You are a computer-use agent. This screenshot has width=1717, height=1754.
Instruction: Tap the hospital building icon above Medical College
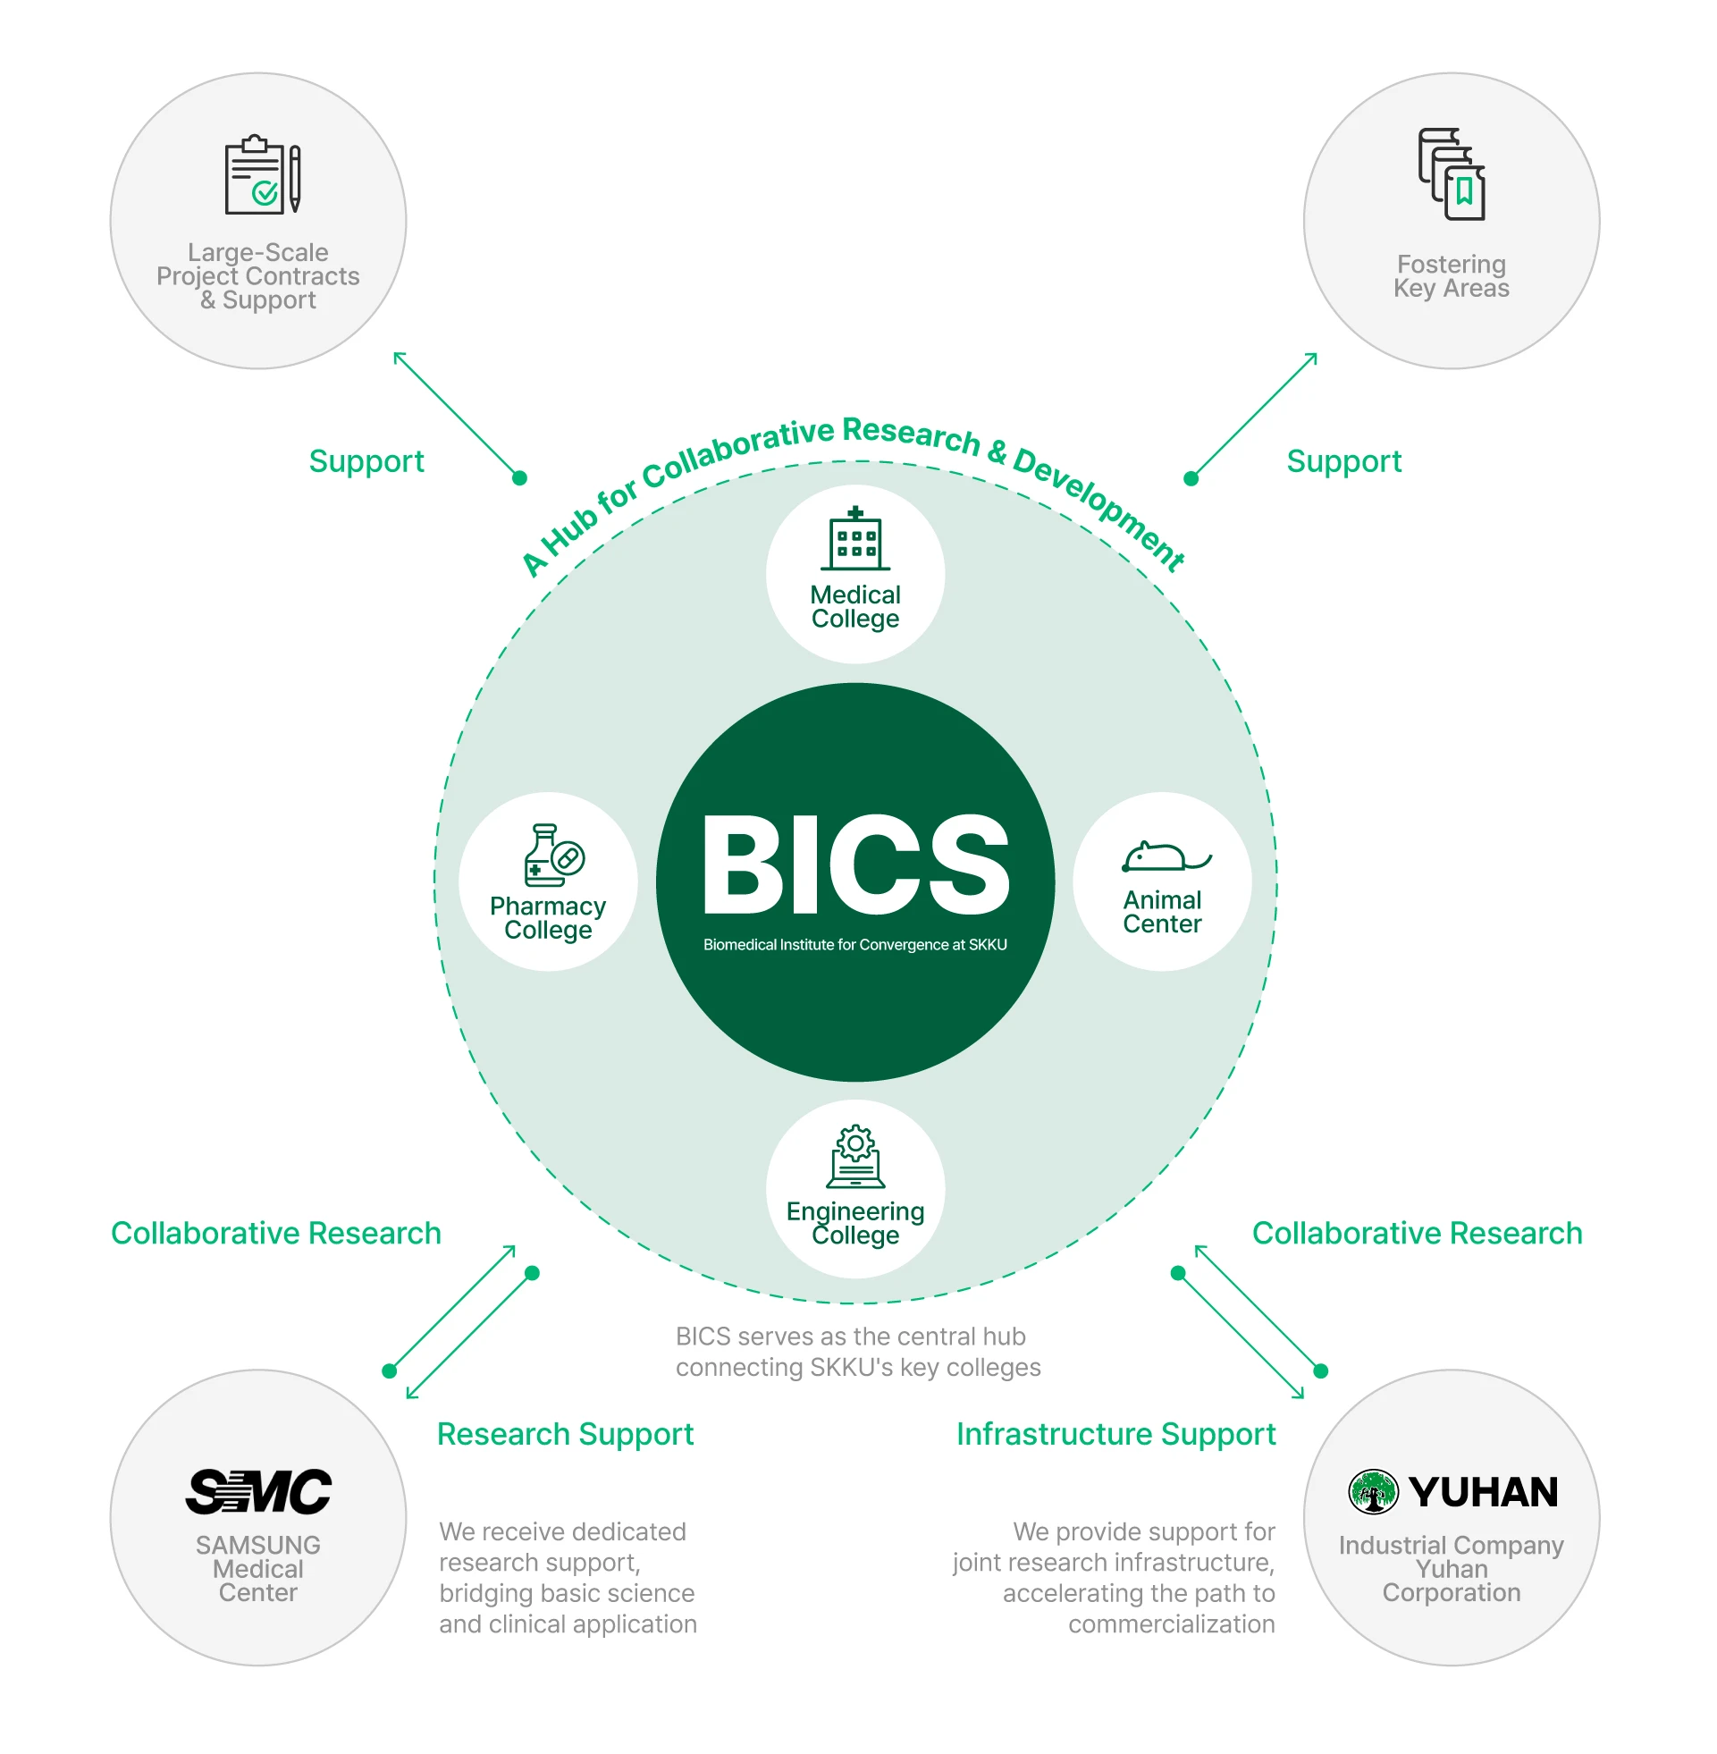click(854, 539)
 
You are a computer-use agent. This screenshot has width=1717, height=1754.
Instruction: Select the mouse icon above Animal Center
click(1164, 856)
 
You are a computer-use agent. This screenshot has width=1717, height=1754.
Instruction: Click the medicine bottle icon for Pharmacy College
click(551, 854)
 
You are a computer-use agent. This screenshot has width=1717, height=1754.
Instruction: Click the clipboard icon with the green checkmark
click(262, 175)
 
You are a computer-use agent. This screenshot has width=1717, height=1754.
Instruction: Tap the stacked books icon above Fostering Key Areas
click(1451, 174)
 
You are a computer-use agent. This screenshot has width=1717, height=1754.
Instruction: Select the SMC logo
click(258, 1491)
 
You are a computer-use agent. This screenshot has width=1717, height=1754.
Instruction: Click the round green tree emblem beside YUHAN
click(1373, 1491)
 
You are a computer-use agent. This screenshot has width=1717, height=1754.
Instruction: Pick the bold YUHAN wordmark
click(1484, 1492)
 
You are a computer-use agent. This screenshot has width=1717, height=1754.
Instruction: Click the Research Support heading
click(565, 1434)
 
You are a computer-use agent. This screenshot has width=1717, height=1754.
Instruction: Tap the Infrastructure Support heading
click(1115, 1434)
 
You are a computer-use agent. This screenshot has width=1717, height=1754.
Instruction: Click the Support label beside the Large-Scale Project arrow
click(366, 460)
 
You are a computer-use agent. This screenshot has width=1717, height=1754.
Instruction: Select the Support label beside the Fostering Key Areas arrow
click(1343, 460)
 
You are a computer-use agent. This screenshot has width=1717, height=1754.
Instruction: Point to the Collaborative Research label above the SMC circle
click(276, 1233)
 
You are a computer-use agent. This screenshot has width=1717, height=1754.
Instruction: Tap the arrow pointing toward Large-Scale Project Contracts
click(458, 416)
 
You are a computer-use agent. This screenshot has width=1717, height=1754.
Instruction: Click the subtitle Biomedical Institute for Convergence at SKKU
click(854, 944)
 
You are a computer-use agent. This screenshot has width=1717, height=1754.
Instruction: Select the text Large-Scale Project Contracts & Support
click(258, 276)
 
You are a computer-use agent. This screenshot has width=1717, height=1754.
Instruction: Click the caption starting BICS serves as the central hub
click(857, 1351)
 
